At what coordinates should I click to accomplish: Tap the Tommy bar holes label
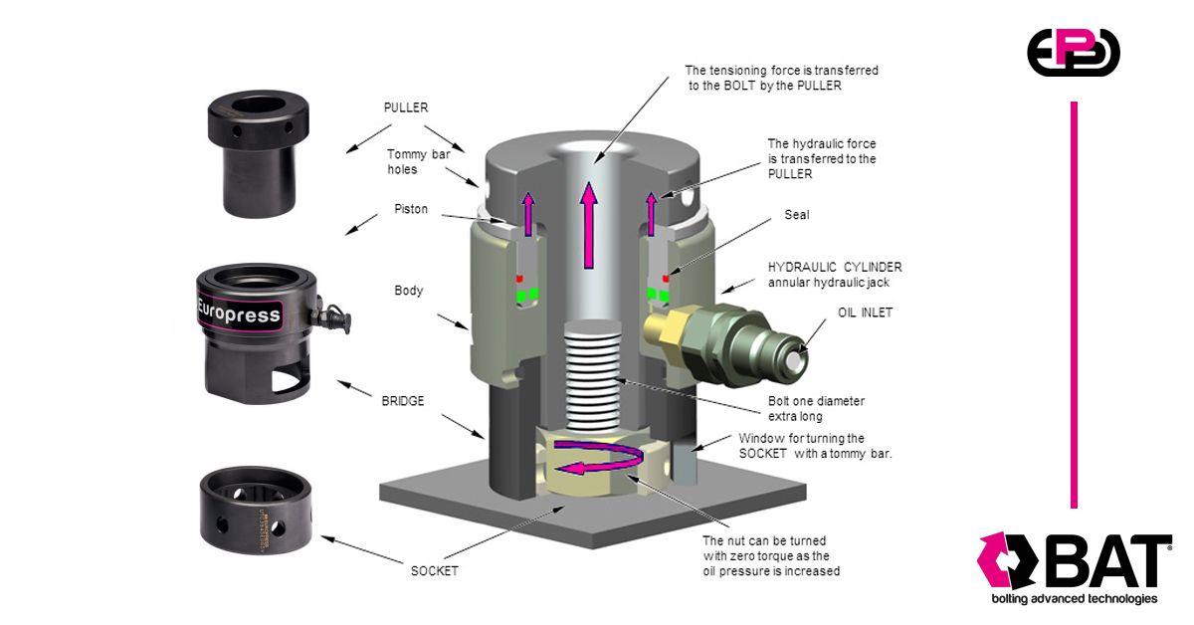point(420,161)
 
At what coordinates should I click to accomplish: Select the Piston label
point(411,209)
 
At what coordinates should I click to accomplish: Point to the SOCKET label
point(435,571)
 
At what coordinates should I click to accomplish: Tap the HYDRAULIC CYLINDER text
point(835,268)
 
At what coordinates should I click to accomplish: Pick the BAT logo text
point(1104,562)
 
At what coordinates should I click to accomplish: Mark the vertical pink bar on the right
point(1075,304)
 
